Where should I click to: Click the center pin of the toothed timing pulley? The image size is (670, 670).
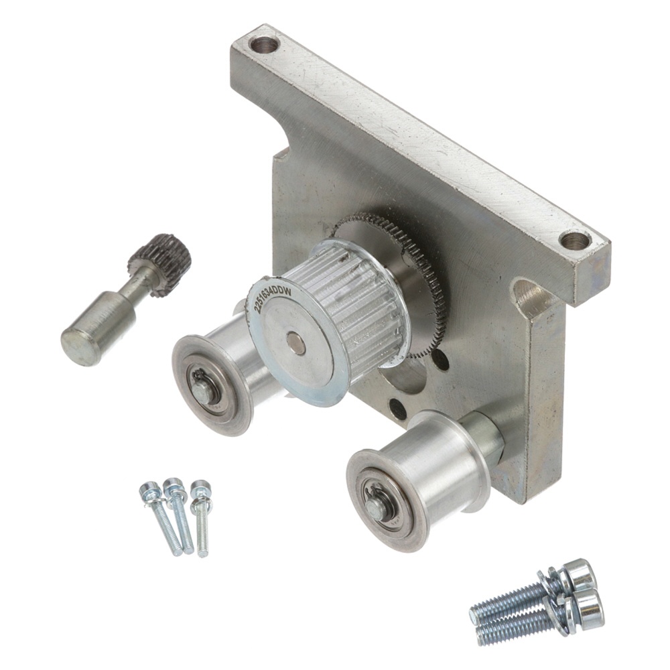coord(295,342)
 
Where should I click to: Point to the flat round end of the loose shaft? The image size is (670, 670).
coord(78,348)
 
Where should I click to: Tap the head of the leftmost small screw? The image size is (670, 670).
coord(149,491)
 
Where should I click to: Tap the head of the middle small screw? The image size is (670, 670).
coord(174,487)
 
